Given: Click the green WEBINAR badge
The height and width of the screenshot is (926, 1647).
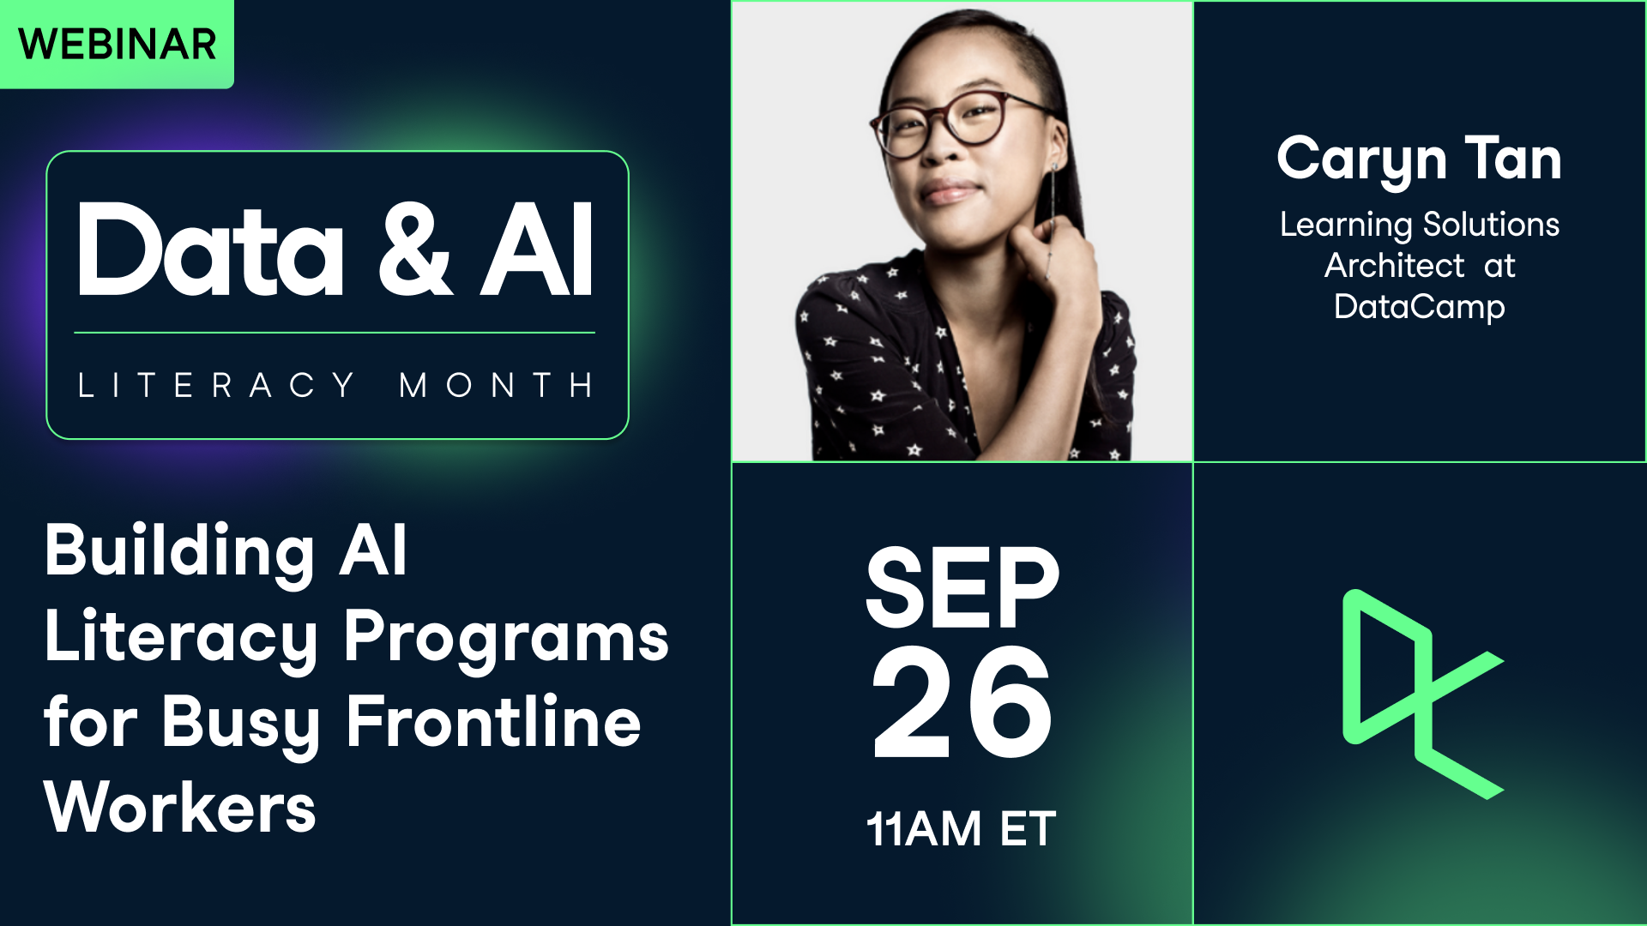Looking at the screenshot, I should point(117,44).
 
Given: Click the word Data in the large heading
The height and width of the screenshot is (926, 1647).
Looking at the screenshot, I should point(211,251).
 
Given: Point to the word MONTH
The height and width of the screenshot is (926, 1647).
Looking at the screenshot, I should point(496,385).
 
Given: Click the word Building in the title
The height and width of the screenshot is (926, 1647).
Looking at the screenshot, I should point(179,551).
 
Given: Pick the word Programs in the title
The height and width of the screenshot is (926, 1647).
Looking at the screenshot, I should point(506,637).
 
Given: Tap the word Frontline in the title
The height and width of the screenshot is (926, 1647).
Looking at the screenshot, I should point(494,723).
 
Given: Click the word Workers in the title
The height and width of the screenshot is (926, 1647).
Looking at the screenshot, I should point(180,809).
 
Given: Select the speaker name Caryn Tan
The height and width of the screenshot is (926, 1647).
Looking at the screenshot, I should point(1419,159).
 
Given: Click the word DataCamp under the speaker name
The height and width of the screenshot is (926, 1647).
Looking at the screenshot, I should point(1419,307).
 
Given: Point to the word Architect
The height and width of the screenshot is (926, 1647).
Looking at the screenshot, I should point(1395,266).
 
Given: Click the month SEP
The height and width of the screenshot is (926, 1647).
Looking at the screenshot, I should point(962,588).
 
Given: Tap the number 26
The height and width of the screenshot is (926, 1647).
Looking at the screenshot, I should point(962,703).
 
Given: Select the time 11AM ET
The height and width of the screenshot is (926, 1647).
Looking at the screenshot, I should point(961,829).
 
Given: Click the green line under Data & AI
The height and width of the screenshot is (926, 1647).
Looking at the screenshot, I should point(335,333).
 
